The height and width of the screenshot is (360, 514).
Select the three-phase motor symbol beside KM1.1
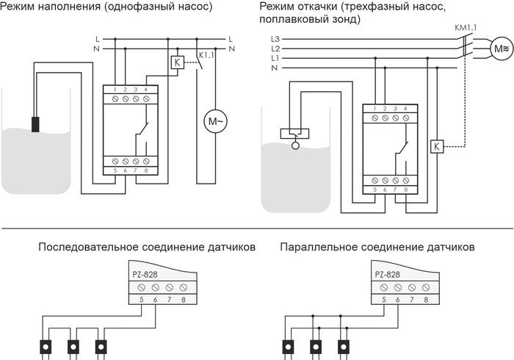[x=500, y=49]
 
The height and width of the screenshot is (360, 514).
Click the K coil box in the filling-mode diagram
[x=176, y=62]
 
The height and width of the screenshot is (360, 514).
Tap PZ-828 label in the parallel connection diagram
[x=388, y=274]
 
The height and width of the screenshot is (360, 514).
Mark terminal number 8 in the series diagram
[x=183, y=300]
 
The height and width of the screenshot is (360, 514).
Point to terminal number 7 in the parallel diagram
[x=413, y=300]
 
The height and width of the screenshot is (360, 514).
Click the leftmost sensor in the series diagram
[x=46, y=345]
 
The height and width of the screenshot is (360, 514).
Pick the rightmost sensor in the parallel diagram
[x=343, y=345]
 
